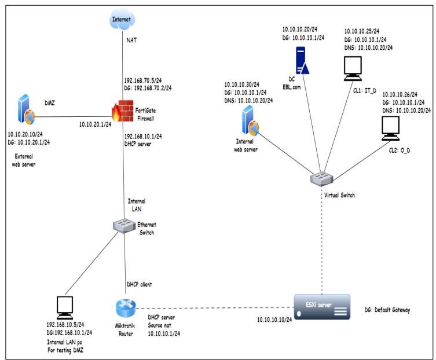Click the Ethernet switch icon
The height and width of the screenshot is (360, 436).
[123, 225]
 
